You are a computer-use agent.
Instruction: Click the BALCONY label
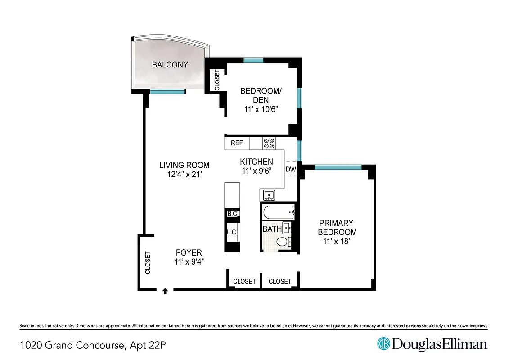(x=170, y=65)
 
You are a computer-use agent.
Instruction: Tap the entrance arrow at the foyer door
(x=165, y=291)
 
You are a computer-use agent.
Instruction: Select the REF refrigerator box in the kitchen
(x=237, y=144)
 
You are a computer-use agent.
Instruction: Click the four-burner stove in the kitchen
(x=270, y=144)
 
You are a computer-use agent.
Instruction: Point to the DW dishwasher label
(x=291, y=170)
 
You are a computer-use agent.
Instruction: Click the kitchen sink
(x=270, y=195)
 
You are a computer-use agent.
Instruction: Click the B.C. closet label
(x=232, y=214)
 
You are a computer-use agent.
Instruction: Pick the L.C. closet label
(x=232, y=232)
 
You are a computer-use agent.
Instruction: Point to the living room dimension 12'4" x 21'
(x=184, y=174)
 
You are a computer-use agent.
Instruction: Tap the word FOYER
(x=189, y=252)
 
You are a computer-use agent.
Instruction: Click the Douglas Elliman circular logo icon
(x=383, y=344)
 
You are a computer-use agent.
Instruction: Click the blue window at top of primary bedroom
(x=338, y=167)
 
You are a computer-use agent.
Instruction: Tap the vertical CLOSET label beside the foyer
(x=147, y=262)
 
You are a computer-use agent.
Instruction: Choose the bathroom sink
(x=287, y=227)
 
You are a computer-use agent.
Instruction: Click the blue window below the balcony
(x=167, y=92)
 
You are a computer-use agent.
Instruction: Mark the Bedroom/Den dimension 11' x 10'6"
(x=261, y=108)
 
